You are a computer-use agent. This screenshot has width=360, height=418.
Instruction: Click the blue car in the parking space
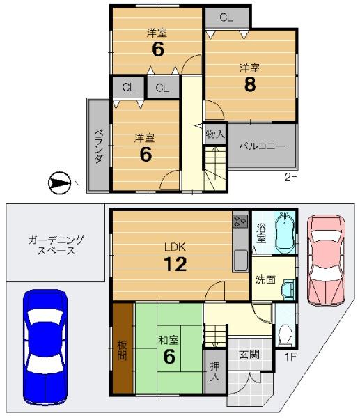[x=45, y=347]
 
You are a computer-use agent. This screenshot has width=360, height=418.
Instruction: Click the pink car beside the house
[x=326, y=261]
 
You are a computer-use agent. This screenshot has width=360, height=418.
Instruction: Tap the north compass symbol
[x=59, y=183]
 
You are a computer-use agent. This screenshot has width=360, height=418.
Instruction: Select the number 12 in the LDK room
[x=175, y=264]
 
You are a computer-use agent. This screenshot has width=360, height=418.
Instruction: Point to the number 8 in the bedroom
[x=250, y=84]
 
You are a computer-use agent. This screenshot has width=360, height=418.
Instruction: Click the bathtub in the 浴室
[x=285, y=233]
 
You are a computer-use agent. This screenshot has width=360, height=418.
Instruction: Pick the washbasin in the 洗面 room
[x=288, y=290]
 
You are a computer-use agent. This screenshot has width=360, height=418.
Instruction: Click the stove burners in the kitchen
[x=240, y=221]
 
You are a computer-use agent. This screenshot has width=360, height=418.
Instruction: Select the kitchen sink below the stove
[x=240, y=261]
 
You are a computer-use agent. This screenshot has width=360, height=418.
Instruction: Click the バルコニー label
[x=263, y=146]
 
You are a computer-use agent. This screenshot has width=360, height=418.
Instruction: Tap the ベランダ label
[x=99, y=146]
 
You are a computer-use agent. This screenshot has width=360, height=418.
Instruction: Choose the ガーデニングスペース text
[x=56, y=245]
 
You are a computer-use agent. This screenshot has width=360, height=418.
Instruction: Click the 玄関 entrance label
[x=249, y=355]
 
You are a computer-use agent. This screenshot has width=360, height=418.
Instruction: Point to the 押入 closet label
[x=214, y=371]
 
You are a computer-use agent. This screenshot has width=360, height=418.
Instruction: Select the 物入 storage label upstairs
[x=215, y=134]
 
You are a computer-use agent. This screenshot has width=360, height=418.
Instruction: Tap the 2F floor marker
[x=290, y=177]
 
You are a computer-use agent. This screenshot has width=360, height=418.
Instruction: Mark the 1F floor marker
[x=291, y=357]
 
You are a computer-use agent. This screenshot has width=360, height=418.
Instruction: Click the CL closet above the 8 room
[x=226, y=17]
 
